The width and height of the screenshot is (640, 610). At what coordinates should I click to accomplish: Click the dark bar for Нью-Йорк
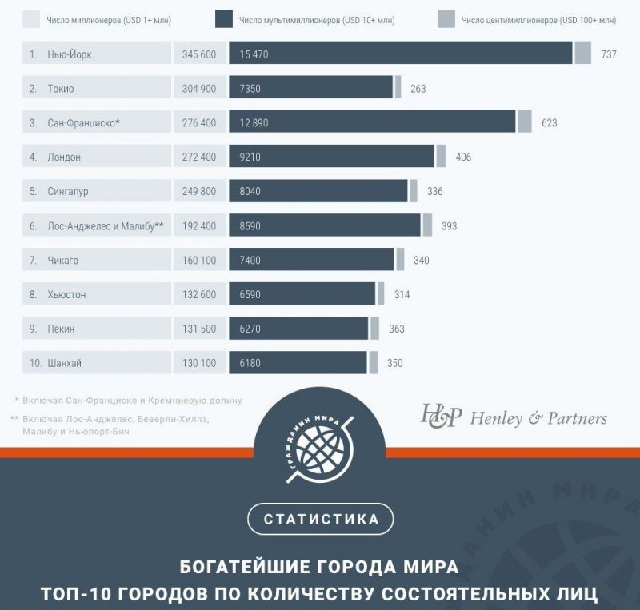coord(400,54)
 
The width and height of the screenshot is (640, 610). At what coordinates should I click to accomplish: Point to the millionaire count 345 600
coord(199,54)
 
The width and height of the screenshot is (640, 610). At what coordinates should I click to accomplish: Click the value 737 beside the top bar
coord(609,54)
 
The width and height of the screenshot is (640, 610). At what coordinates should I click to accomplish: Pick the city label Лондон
coord(64,157)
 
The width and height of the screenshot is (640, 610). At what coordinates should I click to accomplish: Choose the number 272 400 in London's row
coord(199,157)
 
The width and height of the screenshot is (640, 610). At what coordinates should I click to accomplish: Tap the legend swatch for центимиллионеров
coord(446,19)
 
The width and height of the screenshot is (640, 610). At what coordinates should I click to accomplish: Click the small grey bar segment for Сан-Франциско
coord(524,122)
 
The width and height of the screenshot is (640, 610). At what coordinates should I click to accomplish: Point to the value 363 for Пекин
coord(397,329)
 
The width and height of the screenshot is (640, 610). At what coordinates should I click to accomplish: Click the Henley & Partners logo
coord(514,417)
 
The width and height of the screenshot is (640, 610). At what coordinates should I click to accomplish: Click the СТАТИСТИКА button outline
coord(320,519)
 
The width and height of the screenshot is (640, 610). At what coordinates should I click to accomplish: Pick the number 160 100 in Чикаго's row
coord(199,260)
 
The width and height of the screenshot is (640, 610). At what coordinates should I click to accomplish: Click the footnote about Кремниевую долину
coord(132,400)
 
